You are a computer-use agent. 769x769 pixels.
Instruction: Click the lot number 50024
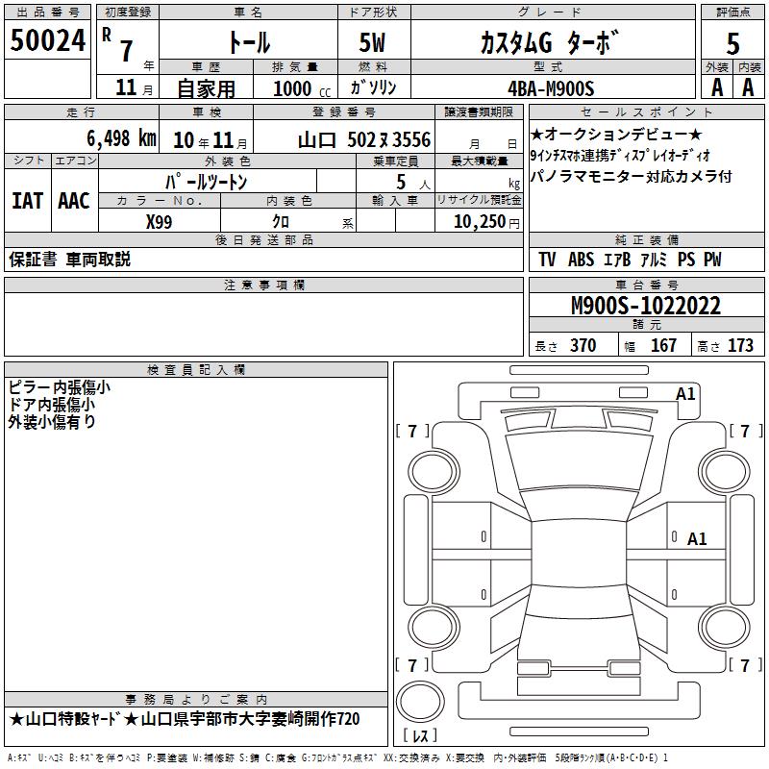tap(47, 40)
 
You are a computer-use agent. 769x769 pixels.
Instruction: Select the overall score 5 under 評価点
tap(732, 43)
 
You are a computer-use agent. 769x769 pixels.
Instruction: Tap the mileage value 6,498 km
tap(122, 138)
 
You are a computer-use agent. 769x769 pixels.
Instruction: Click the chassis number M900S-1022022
tap(646, 306)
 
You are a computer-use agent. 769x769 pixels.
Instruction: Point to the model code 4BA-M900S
tap(551, 88)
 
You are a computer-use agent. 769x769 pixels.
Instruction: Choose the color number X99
tap(159, 222)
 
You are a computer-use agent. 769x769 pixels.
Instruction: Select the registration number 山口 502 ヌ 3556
tap(364, 140)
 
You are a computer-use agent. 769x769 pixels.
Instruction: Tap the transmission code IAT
tap(28, 201)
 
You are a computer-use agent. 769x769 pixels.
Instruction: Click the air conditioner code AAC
tap(74, 201)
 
